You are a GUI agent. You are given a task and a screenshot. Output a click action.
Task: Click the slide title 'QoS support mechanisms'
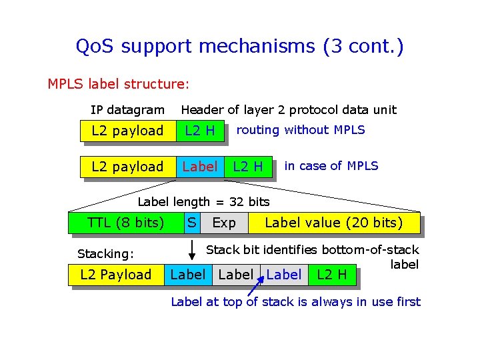pyautogui.click(x=239, y=47)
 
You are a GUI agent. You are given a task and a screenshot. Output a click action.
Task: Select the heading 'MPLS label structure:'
pyautogui.click(x=119, y=84)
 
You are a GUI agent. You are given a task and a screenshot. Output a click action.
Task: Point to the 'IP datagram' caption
pyautogui.click(x=127, y=109)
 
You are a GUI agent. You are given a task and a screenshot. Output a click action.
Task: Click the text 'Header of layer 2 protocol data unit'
pyautogui.click(x=289, y=109)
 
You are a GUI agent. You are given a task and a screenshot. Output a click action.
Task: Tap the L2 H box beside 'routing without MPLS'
pyautogui.click(x=200, y=131)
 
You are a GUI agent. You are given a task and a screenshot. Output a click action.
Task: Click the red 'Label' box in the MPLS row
pyautogui.click(x=199, y=167)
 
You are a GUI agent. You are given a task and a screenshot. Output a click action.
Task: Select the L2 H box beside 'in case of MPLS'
pyautogui.click(x=247, y=167)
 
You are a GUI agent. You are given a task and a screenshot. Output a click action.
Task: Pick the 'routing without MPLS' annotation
pyautogui.click(x=301, y=130)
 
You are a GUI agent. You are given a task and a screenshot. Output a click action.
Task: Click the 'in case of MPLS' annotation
pyautogui.click(x=331, y=166)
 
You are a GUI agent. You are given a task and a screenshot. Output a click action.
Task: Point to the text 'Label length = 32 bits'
pyautogui.click(x=203, y=202)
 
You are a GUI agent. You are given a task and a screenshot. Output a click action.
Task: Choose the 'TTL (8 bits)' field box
pyautogui.click(x=126, y=223)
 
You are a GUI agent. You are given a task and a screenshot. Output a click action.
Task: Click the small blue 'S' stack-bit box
pyautogui.click(x=191, y=223)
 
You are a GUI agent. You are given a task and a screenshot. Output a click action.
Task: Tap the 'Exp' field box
pyautogui.click(x=224, y=223)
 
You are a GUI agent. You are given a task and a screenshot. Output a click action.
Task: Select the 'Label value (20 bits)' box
pyautogui.click(x=333, y=223)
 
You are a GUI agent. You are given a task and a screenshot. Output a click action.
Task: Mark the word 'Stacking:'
pyautogui.click(x=106, y=254)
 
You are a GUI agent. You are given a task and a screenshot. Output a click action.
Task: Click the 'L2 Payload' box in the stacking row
pyautogui.click(x=116, y=275)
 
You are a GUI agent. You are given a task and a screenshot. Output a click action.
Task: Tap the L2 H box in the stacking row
pyautogui.click(x=332, y=274)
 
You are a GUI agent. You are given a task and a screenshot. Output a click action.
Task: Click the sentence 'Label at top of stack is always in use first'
pyautogui.click(x=295, y=302)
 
